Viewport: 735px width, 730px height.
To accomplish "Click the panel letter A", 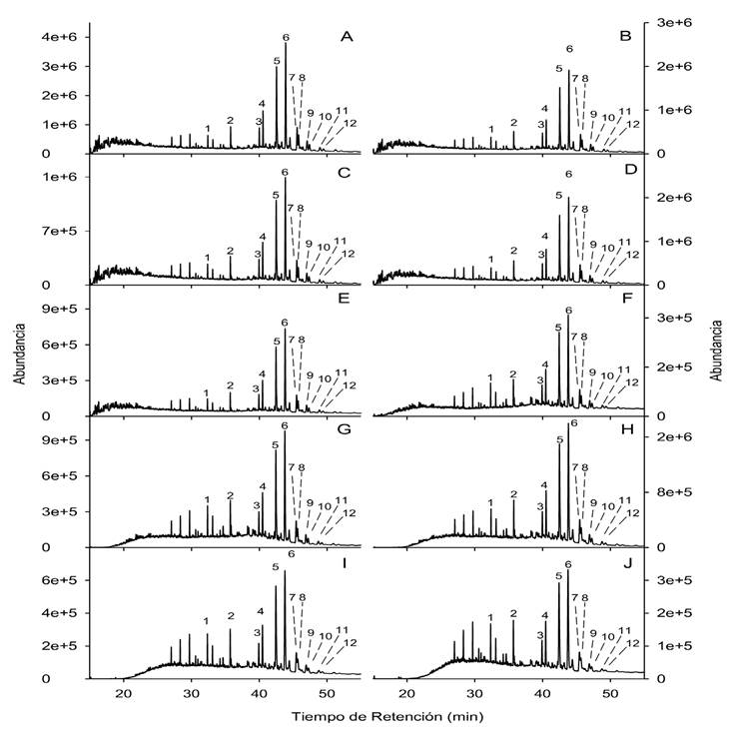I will click(x=347, y=38).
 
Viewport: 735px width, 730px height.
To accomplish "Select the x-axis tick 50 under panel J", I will click(x=611, y=693).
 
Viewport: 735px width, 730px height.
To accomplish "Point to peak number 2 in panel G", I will click(x=230, y=495).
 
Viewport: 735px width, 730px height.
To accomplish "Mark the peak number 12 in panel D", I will click(x=631, y=255).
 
